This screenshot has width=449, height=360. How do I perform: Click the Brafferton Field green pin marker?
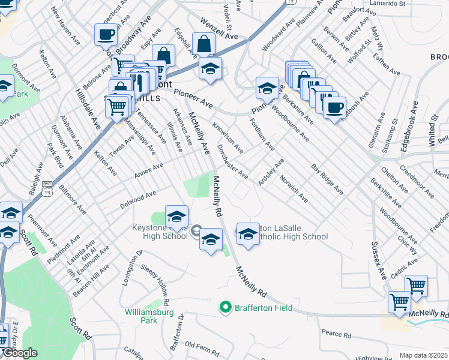coord(226,308)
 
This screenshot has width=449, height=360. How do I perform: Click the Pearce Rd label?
coord(336,334)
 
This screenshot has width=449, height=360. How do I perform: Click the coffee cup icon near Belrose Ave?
coord(106,35)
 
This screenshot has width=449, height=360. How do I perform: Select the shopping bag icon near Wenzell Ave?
coord(203,44)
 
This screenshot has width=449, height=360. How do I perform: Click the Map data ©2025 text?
coord(424,355)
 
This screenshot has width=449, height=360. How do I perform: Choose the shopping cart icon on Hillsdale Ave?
coord(116,107)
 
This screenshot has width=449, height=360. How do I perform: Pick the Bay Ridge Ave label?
coord(327,178)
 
